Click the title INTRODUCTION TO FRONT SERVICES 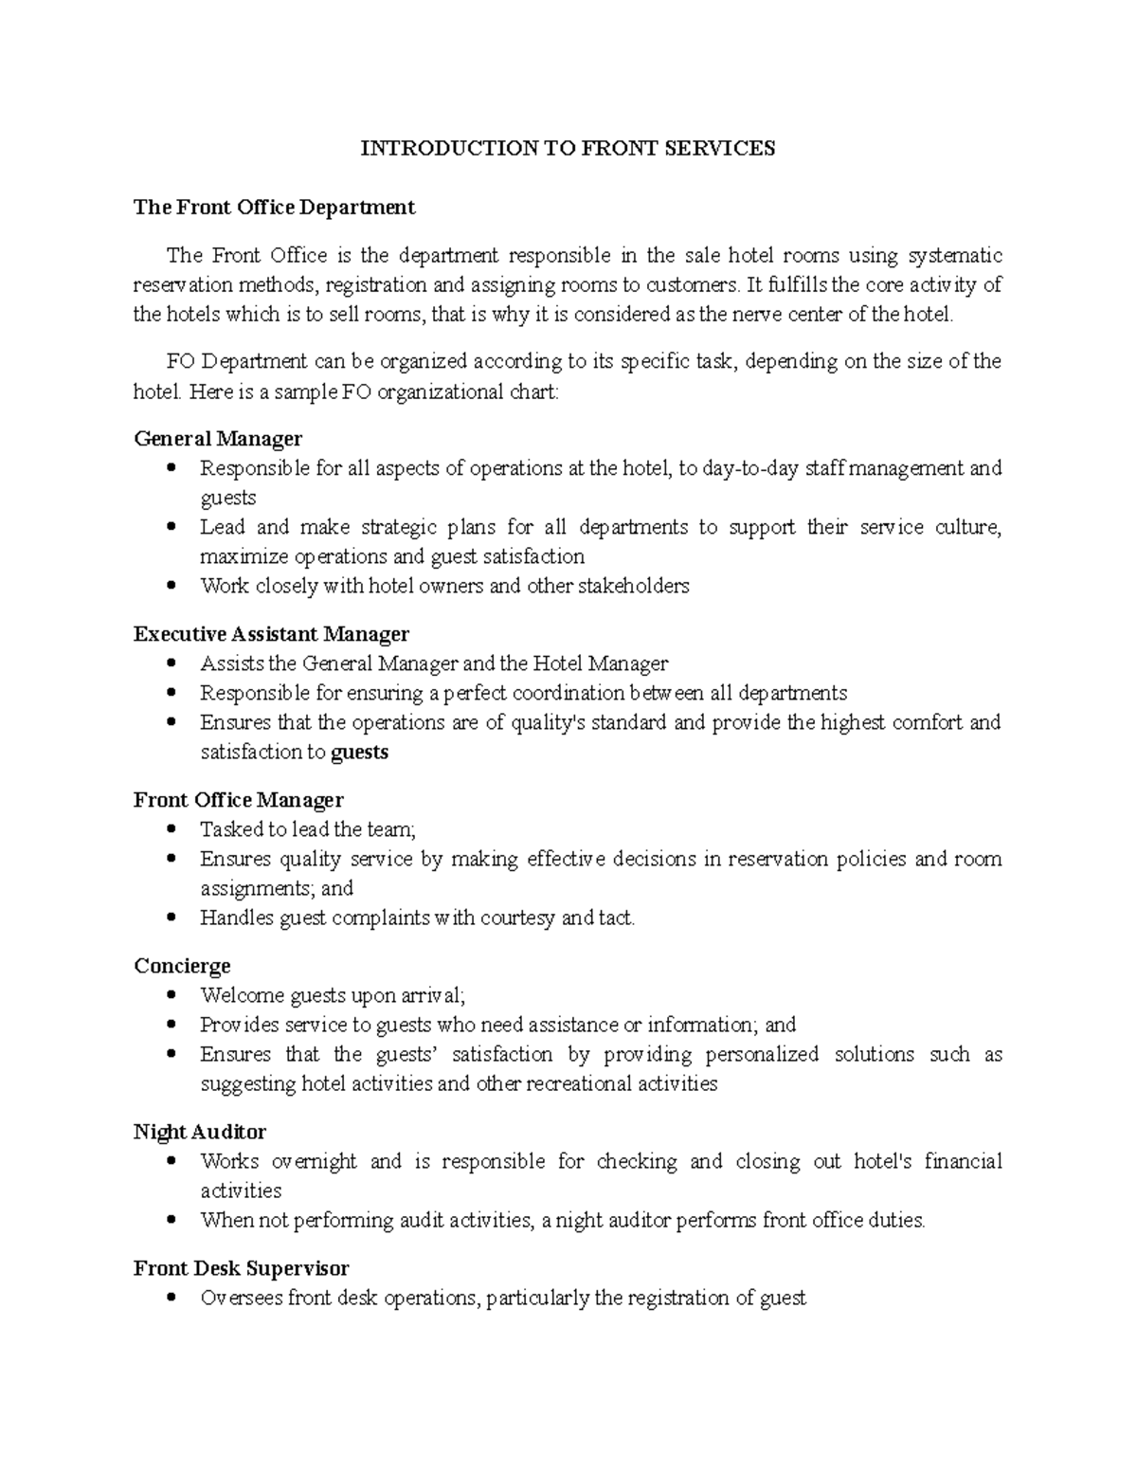coord(568,148)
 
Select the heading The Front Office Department coord(274,207)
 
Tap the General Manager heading coord(218,439)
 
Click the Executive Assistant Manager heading coord(271,633)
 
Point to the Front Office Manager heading coord(238,800)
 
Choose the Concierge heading coord(182,966)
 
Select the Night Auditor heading coord(199,1132)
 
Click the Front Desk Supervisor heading coord(241,1268)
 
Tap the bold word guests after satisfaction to coord(360,753)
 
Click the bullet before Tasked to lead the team coord(171,829)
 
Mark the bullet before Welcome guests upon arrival coord(171,995)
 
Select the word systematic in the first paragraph coord(955,256)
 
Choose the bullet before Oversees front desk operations coord(171,1298)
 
